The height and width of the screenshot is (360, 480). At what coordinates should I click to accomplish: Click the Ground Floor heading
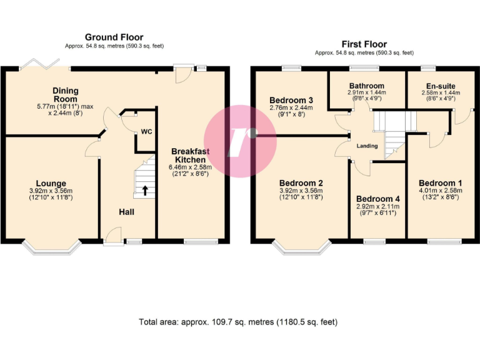114,37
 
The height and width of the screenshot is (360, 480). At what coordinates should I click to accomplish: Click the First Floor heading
364,44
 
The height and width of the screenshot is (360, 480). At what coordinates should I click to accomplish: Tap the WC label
146,132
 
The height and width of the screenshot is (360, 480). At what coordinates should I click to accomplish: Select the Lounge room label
51,184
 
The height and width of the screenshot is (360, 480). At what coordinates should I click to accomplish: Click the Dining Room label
65,95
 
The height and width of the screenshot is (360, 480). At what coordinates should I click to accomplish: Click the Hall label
126,212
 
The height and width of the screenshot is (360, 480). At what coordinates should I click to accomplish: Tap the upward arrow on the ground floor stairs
145,190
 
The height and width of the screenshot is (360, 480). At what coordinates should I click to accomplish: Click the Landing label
366,146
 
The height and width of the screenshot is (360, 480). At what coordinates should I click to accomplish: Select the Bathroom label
367,86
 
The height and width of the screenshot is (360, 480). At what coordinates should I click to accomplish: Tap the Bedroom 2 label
301,184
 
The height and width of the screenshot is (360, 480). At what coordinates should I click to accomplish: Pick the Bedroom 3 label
291,100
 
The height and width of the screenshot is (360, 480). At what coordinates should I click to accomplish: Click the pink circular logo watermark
241,134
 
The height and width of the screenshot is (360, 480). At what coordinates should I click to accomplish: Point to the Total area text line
237,322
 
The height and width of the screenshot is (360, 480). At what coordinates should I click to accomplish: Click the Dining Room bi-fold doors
40,66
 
